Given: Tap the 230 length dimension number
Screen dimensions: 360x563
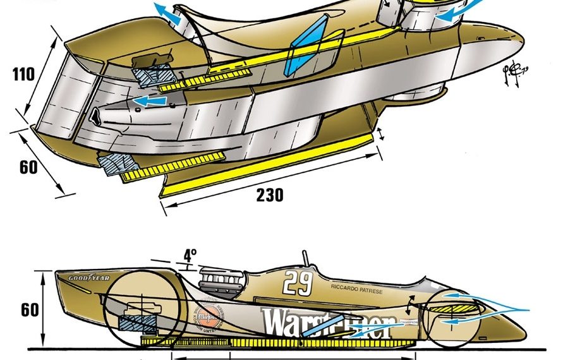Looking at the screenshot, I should tap(269, 196).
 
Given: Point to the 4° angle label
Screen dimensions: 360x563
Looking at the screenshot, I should tap(190, 255).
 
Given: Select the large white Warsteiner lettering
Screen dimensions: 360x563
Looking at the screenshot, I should tap(329, 322).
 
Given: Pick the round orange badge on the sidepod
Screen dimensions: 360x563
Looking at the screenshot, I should tap(205, 312).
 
